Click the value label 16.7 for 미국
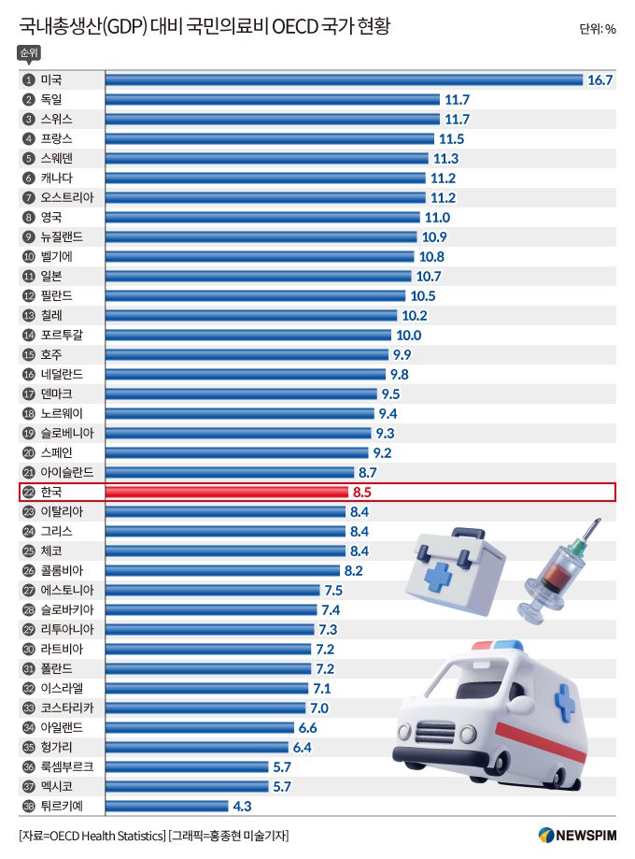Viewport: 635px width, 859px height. point(600,80)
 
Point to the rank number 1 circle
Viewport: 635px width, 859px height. point(28,80)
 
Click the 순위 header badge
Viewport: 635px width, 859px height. point(29,53)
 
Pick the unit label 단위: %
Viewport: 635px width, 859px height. point(597,29)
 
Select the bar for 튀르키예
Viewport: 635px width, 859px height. point(166,806)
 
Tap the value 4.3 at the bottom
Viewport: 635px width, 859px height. point(241,806)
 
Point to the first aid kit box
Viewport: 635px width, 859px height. point(454,566)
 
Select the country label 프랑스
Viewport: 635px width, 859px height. point(57,139)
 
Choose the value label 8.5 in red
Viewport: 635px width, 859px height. point(362,492)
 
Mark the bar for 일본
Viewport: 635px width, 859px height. point(258,277)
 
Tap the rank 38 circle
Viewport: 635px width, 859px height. point(28,806)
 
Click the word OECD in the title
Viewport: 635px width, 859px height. point(294,27)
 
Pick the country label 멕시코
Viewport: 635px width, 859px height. point(57,786)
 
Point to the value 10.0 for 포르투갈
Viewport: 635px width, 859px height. point(408,336)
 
